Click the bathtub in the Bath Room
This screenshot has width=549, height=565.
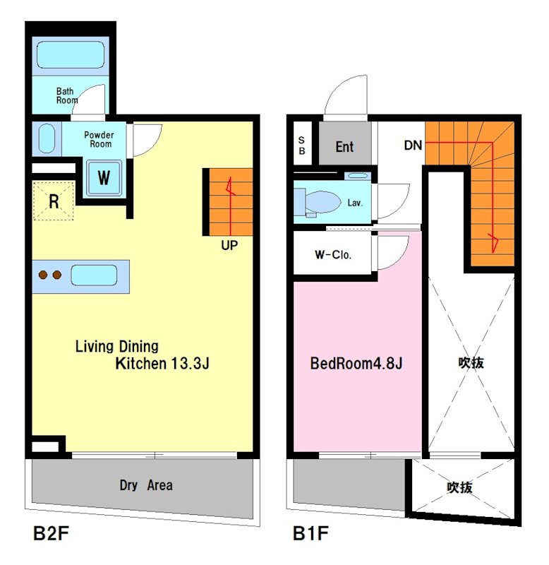click(x=71, y=55)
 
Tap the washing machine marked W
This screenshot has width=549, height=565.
click(x=104, y=178)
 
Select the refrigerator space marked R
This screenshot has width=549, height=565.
click(x=54, y=201)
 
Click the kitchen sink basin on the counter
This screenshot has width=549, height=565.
click(x=94, y=275)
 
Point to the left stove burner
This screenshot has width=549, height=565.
click(x=43, y=275)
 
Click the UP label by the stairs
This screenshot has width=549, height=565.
click(x=229, y=245)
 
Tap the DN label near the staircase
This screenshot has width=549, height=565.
click(x=413, y=145)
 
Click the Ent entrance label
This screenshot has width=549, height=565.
click(x=344, y=147)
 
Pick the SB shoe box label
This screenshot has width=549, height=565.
click(x=302, y=145)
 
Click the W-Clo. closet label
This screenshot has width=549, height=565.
click(x=333, y=255)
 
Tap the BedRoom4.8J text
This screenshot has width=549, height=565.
click(x=356, y=363)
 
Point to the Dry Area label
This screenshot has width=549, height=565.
click(x=146, y=485)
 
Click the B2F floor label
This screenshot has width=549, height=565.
click(x=51, y=533)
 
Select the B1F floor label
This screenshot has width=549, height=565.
click(x=310, y=533)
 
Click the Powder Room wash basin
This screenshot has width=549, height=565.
click(x=47, y=138)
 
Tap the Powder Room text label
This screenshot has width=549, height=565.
click(x=99, y=139)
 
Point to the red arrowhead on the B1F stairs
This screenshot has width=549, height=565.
click(x=493, y=242)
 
